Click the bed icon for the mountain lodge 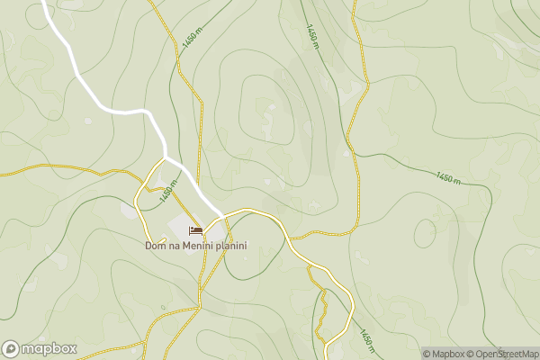pyautogui.click(x=195, y=231)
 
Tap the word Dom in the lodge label pyautogui.click(x=155, y=246)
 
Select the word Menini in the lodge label pyautogui.click(x=197, y=246)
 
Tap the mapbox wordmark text pyautogui.click(x=49, y=349)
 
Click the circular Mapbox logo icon pyautogui.click(x=11, y=349)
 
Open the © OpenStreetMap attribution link pyautogui.click(x=505, y=354)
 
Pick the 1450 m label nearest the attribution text pyautogui.click(x=366, y=341)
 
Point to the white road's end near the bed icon pyautogui.click(x=220, y=214)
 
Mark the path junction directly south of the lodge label pyautogui.click(x=199, y=306)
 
